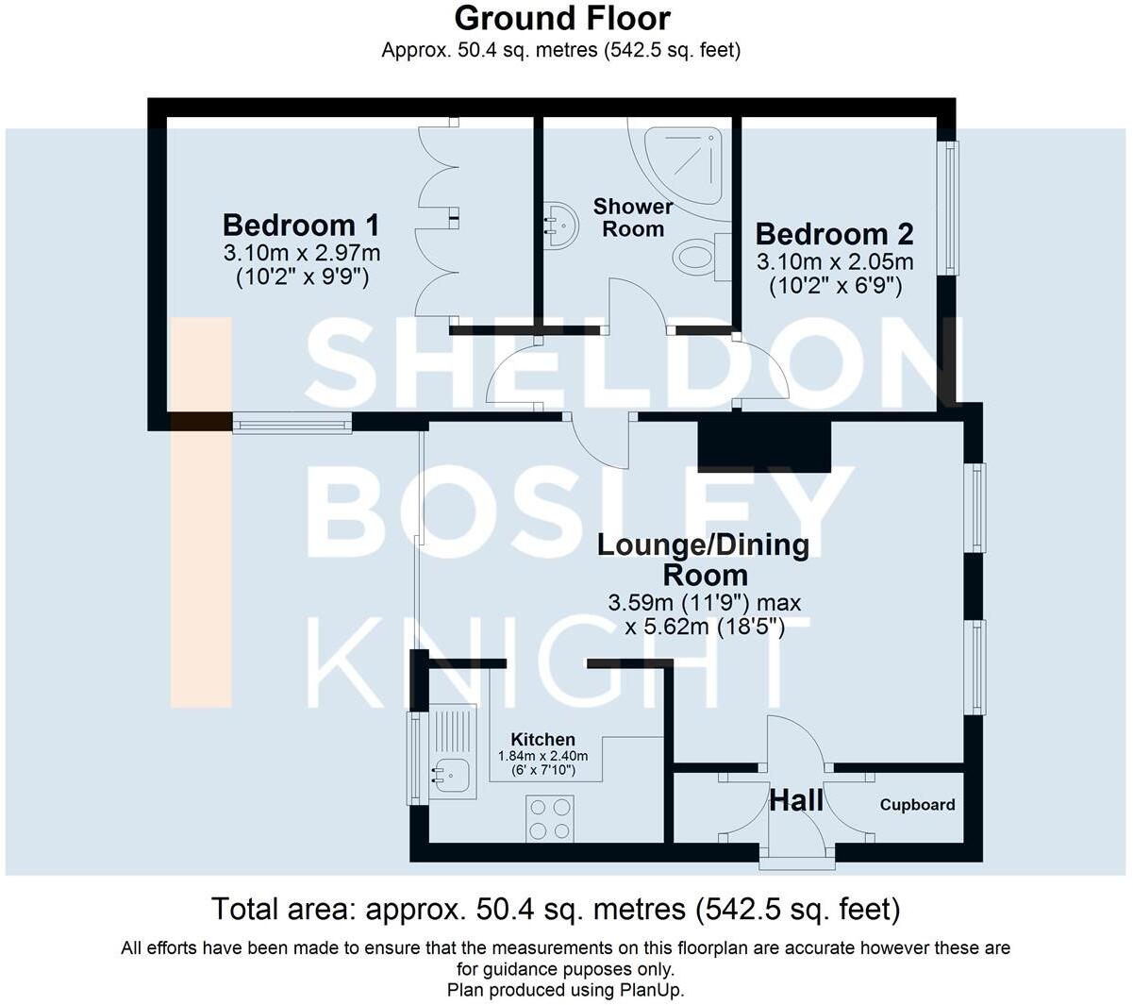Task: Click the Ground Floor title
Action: pyautogui.click(x=562, y=18)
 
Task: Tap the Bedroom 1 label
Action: pyautogui.click(x=301, y=226)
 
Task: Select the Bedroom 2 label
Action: pyautogui.click(x=834, y=233)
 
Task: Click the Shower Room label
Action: pyautogui.click(x=633, y=217)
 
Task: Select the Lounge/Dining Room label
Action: pyautogui.click(x=704, y=560)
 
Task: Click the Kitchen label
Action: pyautogui.click(x=542, y=740)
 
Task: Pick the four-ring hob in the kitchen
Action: pyautogui.click(x=550, y=818)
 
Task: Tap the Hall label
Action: pyautogui.click(x=796, y=801)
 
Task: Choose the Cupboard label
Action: pyautogui.click(x=917, y=805)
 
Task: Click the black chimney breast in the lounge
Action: pyautogui.click(x=763, y=445)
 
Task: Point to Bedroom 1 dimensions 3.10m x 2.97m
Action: pyautogui.click(x=301, y=253)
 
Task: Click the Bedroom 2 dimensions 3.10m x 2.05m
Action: pyautogui.click(x=834, y=261)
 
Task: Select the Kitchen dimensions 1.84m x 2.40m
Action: pyautogui.click(x=542, y=756)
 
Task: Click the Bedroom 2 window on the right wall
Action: pyautogui.click(x=948, y=208)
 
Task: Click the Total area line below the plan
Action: pyautogui.click(x=556, y=909)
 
